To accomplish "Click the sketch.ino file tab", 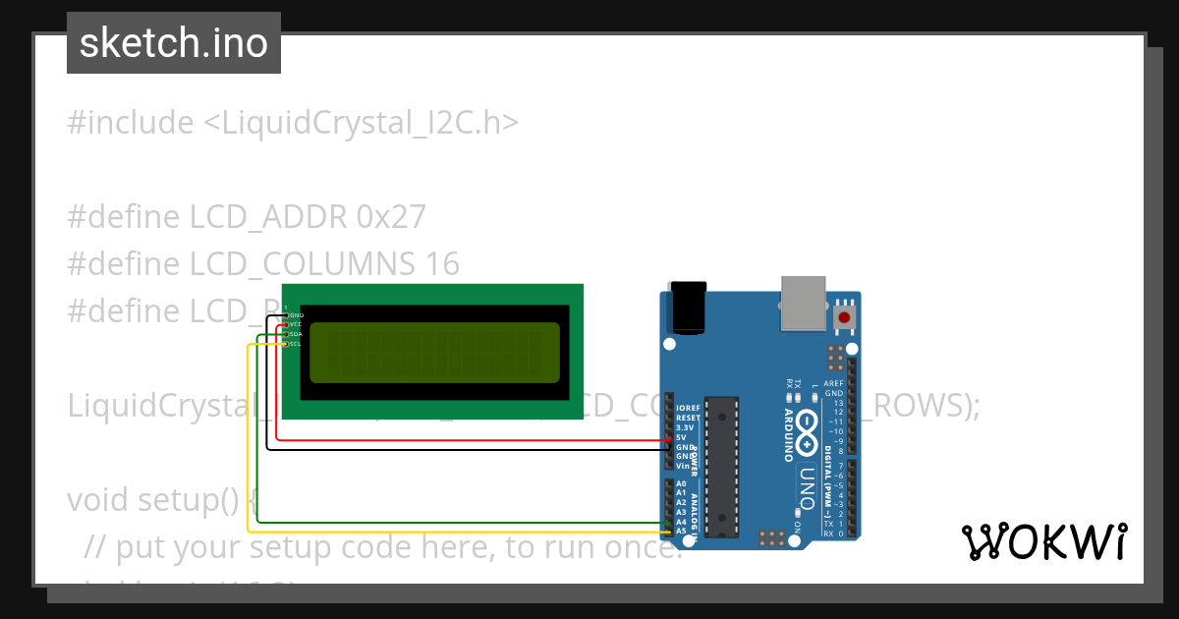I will coord(174,43).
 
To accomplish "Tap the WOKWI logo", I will coord(1043,541).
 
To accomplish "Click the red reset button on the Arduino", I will coord(843,317).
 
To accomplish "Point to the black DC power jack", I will coord(689,307).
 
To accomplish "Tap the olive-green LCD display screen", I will coord(435,353).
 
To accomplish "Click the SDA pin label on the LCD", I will coord(296,334).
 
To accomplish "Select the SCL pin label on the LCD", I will coord(296,344).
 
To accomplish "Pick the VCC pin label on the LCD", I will coord(296,324).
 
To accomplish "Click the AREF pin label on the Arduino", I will coord(833,384).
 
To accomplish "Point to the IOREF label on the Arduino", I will coord(688,408).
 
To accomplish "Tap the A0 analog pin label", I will coord(682,483).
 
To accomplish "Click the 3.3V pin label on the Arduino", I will coord(685,427).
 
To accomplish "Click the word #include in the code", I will coord(131,123).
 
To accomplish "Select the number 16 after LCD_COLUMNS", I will coord(442,263).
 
